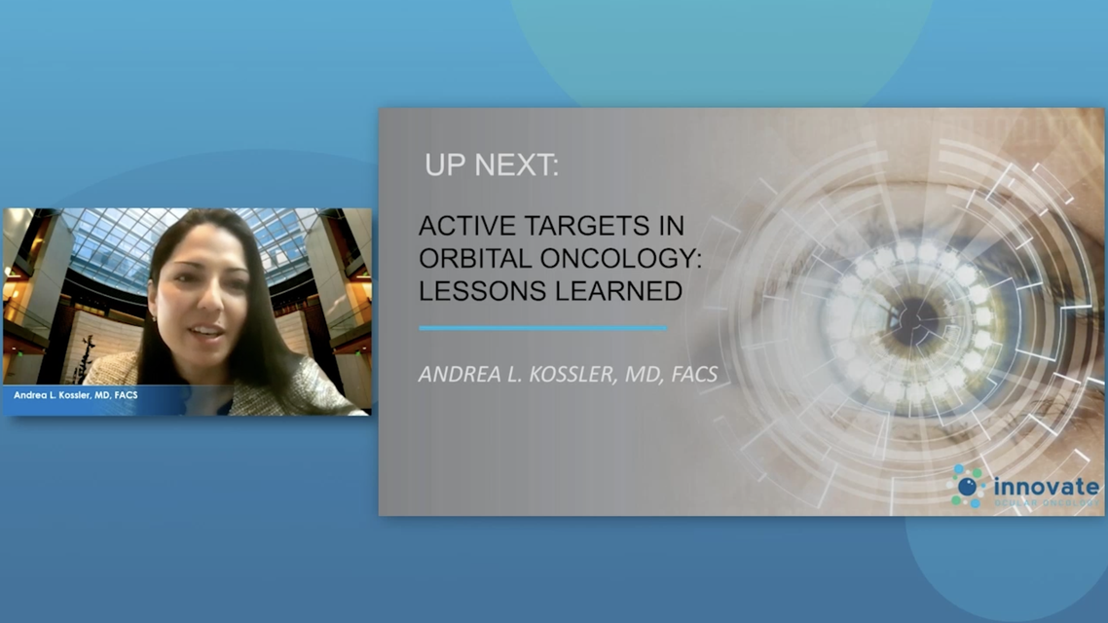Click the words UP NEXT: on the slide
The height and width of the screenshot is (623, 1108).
point(491,166)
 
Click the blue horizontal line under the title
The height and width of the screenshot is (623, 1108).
point(542,328)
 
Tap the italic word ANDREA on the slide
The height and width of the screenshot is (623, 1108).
point(457,375)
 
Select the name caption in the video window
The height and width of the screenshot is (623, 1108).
point(76,396)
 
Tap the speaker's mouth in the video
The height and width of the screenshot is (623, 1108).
point(204,333)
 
